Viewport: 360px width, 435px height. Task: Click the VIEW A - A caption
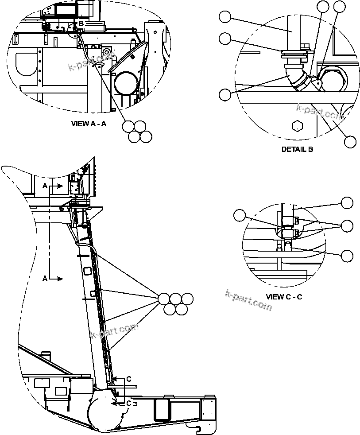(x=89, y=124)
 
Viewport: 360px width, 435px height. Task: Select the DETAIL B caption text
(x=297, y=149)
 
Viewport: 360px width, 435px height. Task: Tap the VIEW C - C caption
(x=284, y=296)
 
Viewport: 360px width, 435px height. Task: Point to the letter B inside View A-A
(x=81, y=23)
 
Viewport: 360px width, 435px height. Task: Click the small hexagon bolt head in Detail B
(x=298, y=126)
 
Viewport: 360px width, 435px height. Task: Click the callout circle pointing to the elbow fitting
(x=225, y=94)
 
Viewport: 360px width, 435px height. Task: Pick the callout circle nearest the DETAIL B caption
(x=350, y=141)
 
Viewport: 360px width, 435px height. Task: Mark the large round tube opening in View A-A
(x=126, y=83)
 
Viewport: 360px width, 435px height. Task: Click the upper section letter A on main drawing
(x=45, y=186)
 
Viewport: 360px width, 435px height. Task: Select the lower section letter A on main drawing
(x=45, y=278)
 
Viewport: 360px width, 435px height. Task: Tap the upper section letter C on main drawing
(x=128, y=379)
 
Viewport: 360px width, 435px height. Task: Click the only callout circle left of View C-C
(x=240, y=216)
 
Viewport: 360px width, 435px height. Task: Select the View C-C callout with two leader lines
(x=347, y=225)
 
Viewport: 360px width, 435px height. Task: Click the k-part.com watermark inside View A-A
(x=91, y=62)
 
